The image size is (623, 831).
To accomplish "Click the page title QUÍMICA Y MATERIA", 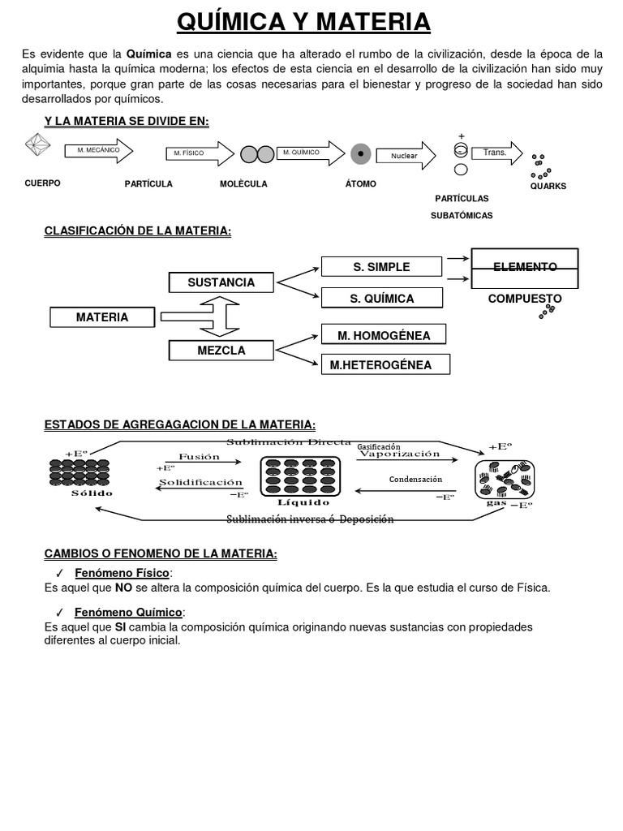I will point(303,22).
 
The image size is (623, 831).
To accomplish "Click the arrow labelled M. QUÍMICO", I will point(309,153).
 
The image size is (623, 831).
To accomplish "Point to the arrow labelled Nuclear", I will point(410,155).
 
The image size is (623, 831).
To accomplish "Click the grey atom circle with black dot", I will point(361,153).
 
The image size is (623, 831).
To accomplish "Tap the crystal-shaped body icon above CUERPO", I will point(40,148).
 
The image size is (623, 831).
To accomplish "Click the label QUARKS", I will point(548,186).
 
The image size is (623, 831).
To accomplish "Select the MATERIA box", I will point(102,317).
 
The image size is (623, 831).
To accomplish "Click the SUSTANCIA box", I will point(221,282).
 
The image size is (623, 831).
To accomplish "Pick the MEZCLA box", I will point(221,351).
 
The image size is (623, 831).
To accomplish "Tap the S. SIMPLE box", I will point(381,267).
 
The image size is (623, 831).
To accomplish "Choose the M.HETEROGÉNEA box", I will point(380,365).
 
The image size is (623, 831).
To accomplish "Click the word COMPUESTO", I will point(525,299).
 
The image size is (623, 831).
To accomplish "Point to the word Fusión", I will point(199,456).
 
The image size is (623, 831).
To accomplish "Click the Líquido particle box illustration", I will point(299,476).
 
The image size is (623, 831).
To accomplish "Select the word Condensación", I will point(415,480).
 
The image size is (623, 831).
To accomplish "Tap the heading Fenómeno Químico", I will point(129,612).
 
